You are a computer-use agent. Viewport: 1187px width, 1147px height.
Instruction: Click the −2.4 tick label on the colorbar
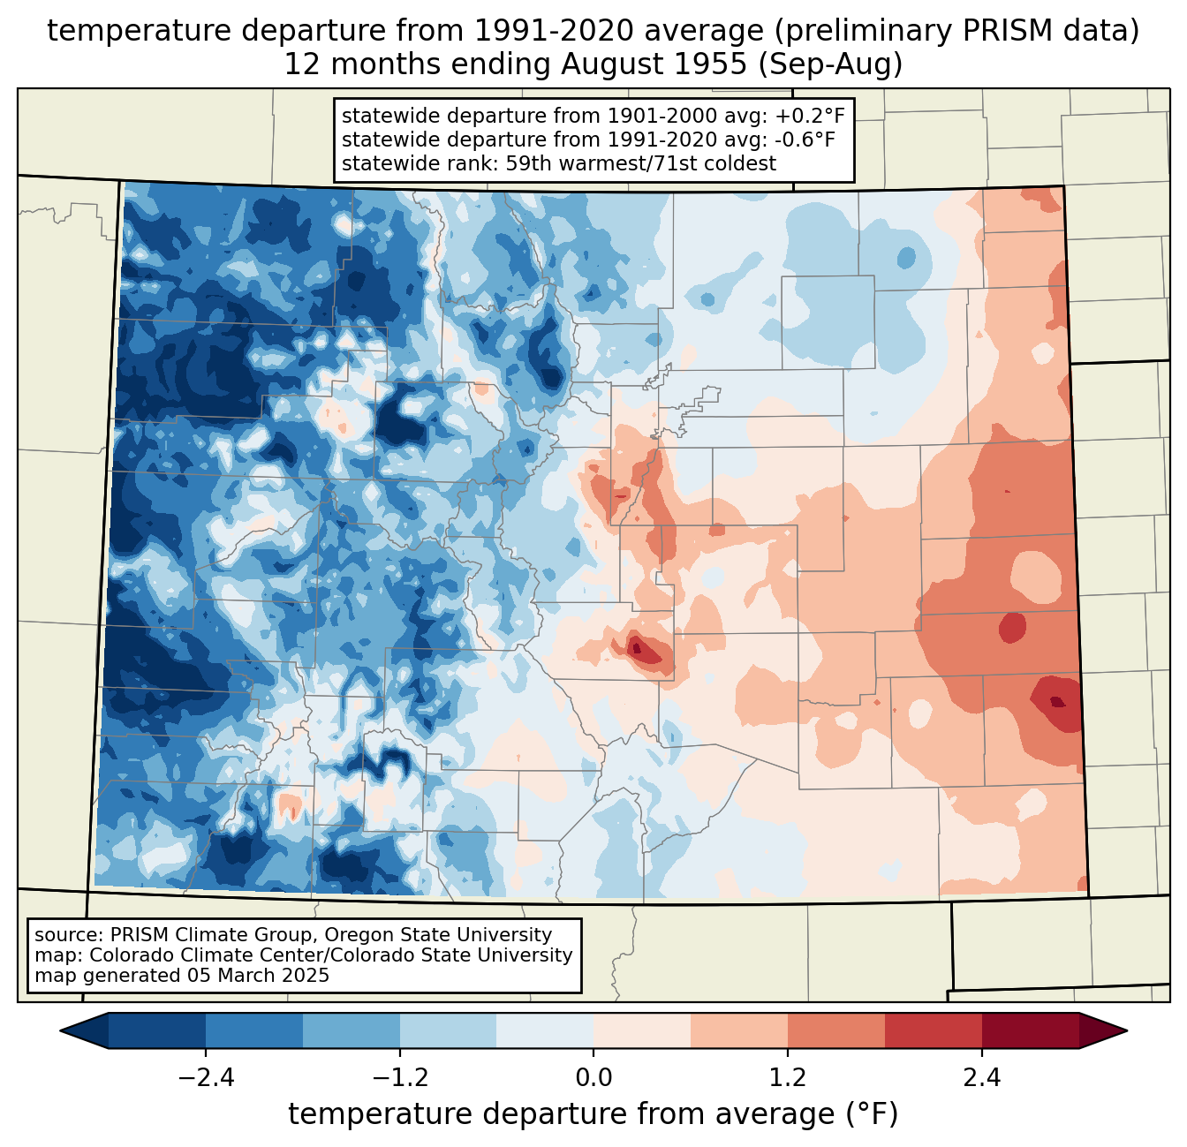[x=206, y=1078]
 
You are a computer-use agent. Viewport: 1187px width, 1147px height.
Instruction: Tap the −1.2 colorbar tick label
[x=399, y=1078]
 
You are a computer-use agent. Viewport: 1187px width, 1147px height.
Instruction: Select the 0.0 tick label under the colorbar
[x=593, y=1078]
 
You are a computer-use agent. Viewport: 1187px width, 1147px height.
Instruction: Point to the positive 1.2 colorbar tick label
[x=788, y=1078]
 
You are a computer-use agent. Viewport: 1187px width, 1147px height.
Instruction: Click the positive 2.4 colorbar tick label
[x=981, y=1078]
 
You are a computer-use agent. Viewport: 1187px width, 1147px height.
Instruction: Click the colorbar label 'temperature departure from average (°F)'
[x=593, y=1114]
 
